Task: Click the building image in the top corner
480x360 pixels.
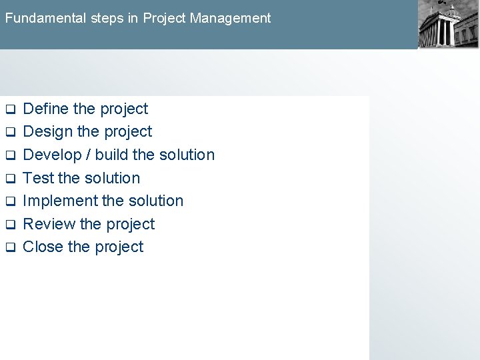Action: tap(447, 25)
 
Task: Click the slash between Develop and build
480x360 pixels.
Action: tap(86, 155)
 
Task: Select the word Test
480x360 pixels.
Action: tap(38, 178)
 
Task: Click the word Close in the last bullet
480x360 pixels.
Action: tap(43, 247)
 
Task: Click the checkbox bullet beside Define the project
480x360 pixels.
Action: tap(10, 109)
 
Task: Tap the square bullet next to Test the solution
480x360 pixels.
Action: tap(10, 179)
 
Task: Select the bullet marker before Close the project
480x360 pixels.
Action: tap(10, 248)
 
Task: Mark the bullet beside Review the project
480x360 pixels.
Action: tap(10, 225)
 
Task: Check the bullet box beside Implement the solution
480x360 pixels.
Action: tap(10, 201)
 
